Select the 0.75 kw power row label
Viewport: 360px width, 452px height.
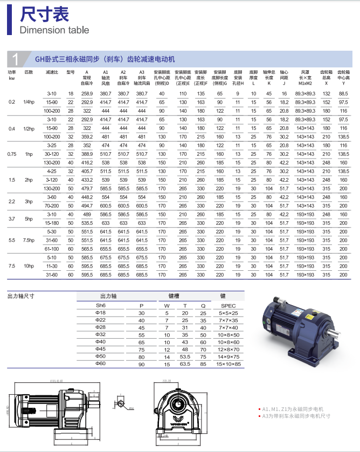point(12,154)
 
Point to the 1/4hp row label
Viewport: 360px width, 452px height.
point(29,102)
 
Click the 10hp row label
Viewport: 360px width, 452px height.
point(29,266)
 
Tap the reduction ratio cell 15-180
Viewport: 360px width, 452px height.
point(52,222)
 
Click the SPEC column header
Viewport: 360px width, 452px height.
point(229,305)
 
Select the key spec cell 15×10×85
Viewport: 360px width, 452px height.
point(229,364)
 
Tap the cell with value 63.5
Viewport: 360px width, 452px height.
point(185,364)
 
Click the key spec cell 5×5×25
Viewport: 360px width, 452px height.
point(229,313)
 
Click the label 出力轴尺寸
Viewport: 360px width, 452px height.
point(20,296)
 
